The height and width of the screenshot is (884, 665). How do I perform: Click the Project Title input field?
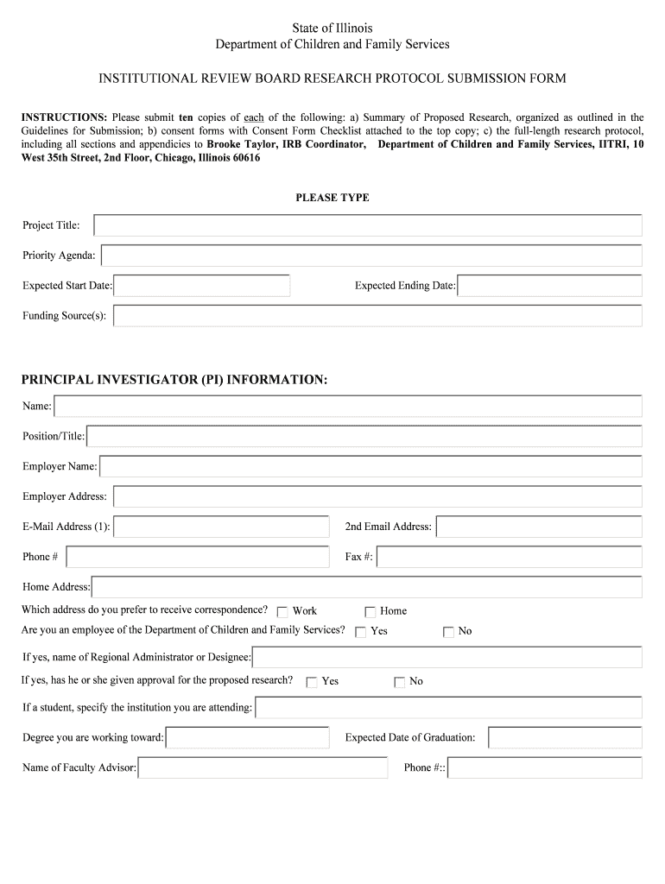pyautogui.click(x=367, y=225)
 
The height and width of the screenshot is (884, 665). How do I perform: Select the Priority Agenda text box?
pyautogui.click(x=371, y=256)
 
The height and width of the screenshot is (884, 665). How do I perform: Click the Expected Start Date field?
pyautogui.click(x=201, y=286)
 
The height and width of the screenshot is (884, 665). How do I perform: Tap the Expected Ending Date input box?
pyautogui.click(x=549, y=286)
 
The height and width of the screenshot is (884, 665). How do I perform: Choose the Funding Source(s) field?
pyautogui.click(x=377, y=316)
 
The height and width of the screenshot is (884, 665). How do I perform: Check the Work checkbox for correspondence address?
pyautogui.click(x=282, y=612)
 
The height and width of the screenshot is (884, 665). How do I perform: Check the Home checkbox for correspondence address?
pyautogui.click(x=370, y=612)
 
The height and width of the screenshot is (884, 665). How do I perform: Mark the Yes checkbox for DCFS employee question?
pyautogui.click(x=360, y=632)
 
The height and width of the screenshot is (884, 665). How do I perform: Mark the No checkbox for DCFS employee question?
pyautogui.click(x=448, y=632)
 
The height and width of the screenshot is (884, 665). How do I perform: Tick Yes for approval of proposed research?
pyautogui.click(x=312, y=682)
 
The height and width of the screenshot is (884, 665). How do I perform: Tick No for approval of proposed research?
pyautogui.click(x=399, y=682)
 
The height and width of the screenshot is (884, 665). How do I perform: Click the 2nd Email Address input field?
pyautogui.click(x=539, y=527)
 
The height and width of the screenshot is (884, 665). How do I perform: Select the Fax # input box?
pyautogui.click(x=510, y=557)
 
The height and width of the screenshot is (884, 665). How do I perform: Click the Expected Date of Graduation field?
pyautogui.click(x=565, y=737)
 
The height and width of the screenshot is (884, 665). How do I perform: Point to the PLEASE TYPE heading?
pyautogui.click(x=332, y=198)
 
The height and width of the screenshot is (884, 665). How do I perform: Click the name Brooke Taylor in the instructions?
pyautogui.click(x=242, y=144)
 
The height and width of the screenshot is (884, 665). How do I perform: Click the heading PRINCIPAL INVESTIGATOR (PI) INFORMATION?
pyautogui.click(x=174, y=380)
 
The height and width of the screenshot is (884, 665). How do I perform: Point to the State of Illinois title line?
pyautogui.click(x=332, y=28)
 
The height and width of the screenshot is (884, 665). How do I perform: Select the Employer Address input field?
pyautogui.click(x=377, y=496)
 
